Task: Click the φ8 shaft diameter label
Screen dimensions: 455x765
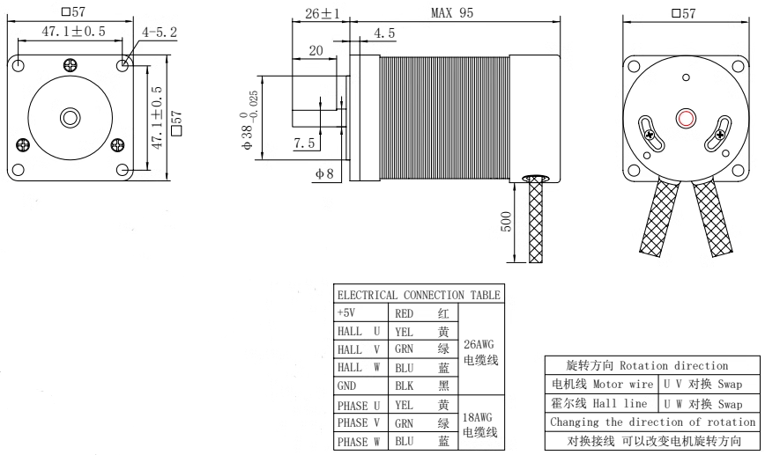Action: (323, 172)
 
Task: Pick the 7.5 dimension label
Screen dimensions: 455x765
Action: (305, 143)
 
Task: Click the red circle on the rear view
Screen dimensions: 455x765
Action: (685, 119)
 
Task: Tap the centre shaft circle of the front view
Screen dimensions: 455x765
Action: (69, 118)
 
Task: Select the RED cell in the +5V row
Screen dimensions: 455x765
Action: (406, 312)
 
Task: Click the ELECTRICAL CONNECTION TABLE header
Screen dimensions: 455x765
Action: (418, 295)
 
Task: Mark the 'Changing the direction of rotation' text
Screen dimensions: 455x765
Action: (651, 422)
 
